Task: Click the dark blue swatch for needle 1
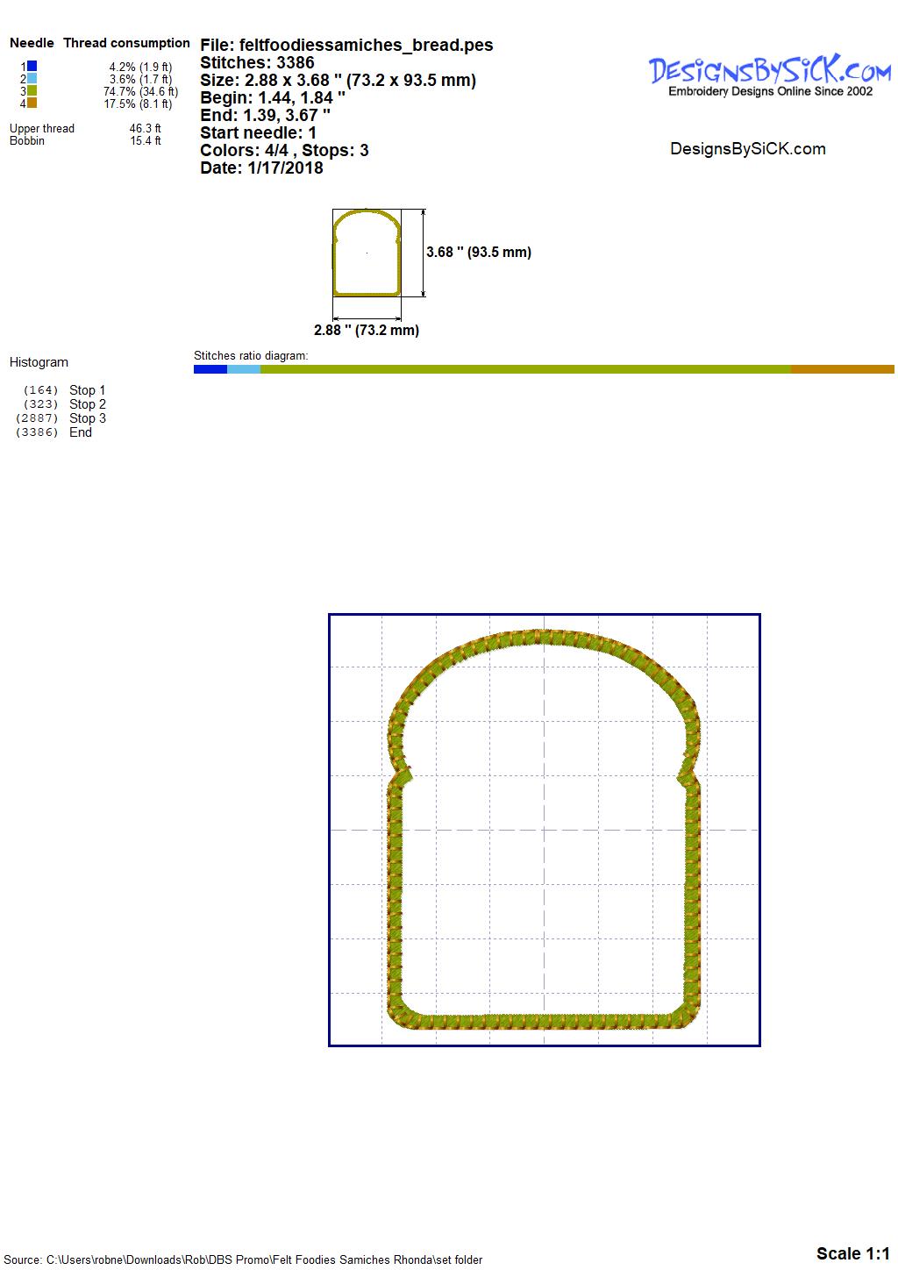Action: tap(32, 67)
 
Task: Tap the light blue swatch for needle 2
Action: tap(32, 78)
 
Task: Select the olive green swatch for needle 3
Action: tap(32, 90)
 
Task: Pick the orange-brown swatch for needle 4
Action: tap(32, 103)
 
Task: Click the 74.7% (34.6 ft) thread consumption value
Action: tap(140, 91)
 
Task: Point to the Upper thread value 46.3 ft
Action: tap(145, 129)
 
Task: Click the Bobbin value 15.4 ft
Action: tap(146, 140)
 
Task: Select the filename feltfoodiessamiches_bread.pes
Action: tap(366, 46)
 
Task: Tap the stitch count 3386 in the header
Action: tap(295, 62)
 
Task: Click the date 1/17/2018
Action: tap(285, 168)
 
